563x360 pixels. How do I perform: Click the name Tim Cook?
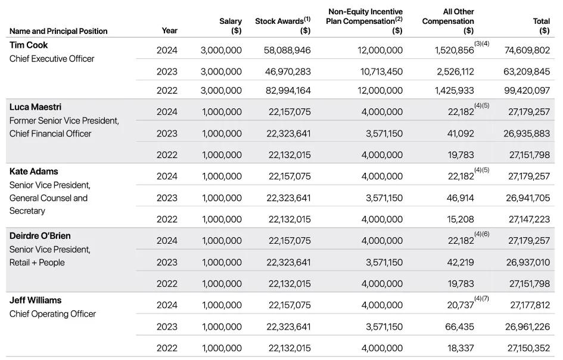point(29,45)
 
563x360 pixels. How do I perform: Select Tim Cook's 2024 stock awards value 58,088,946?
point(287,51)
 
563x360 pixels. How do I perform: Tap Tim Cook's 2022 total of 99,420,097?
point(527,91)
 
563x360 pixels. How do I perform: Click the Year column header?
point(169,30)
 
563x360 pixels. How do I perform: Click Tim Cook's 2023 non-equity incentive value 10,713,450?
point(380,72)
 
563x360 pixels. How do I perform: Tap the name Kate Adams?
point(33,172)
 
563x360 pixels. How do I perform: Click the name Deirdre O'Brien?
point(40,236)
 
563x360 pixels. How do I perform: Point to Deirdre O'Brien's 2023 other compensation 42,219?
point(459,262)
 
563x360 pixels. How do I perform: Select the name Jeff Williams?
point(35,300)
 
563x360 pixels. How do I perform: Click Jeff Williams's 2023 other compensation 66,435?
point(459,327)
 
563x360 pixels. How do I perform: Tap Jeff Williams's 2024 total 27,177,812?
point(529,305)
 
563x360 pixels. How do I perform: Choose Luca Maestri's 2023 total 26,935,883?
point(527,134)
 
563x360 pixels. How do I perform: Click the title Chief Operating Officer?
point(52,314)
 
